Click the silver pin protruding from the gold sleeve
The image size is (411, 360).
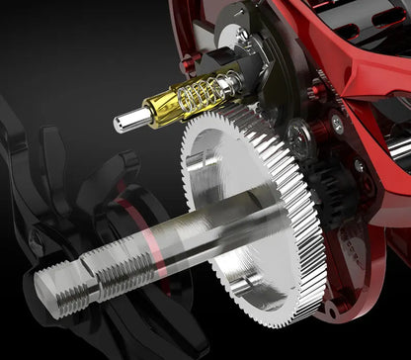(x=127, y=121)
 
